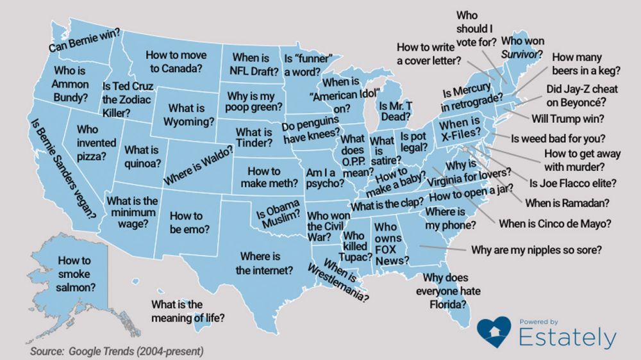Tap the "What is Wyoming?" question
tap(187, 115)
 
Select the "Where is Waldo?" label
tap(198, 168)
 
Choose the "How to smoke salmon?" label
tap(74, 274)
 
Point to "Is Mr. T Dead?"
tap(394, 111)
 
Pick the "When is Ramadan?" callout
tap(566, 203)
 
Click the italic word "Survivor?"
tap(522, 53)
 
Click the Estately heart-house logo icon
tap(494, 333)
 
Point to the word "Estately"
tap(567, 338)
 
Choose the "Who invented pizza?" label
tap(91, 143)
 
